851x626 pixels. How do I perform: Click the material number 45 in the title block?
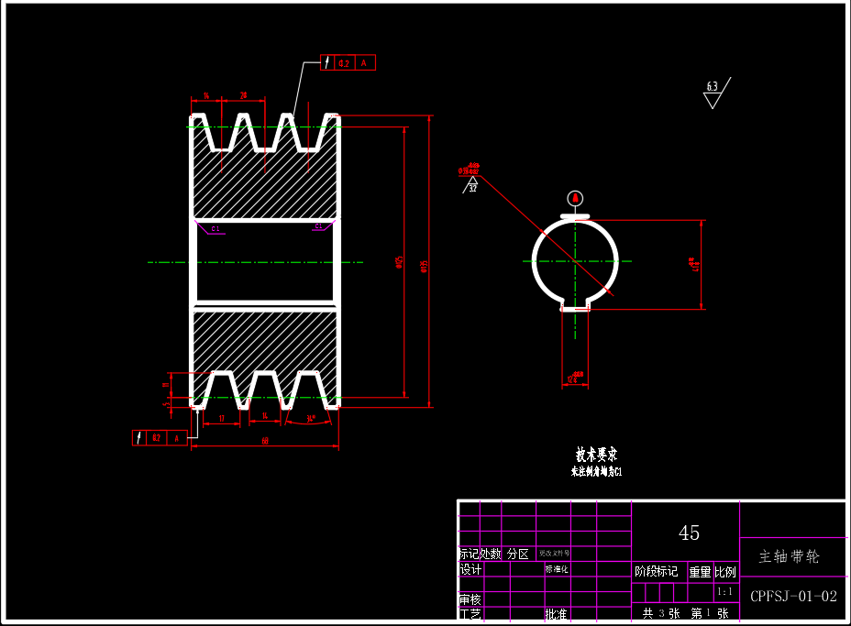coord(689,533)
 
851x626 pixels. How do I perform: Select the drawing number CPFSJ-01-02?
coord(793,596)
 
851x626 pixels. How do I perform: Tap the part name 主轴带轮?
coord(790,556)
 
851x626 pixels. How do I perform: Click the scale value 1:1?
coord(725,592)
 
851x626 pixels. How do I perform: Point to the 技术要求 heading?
coord(596,455)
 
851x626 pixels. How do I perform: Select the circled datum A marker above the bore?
coord(575,198)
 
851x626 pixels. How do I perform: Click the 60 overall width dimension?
coord(265,442)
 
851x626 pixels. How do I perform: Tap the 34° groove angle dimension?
coord(312,419)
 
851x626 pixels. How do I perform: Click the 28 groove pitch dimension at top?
coord(243,95)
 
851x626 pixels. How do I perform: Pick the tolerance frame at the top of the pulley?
coord(348,63)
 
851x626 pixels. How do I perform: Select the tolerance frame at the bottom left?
coord(160,438)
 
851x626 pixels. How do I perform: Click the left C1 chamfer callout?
coord(216,228)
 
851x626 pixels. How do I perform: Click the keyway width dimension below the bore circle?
coord(574,377)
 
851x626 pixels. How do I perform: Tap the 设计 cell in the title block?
coord(470,569)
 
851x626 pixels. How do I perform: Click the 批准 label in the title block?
coord(556,614)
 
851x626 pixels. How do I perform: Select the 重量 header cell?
coord(700,572)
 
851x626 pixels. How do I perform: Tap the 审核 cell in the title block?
coord(470,599)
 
